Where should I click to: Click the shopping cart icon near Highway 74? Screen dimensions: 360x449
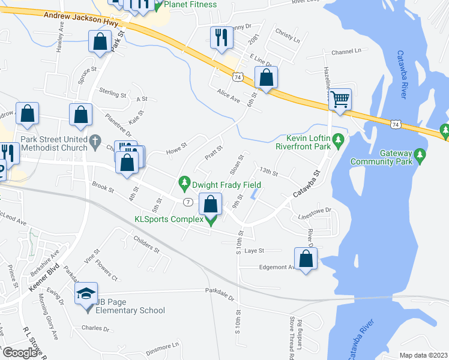pos(340,99)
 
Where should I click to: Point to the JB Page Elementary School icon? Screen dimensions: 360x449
pos(86,295)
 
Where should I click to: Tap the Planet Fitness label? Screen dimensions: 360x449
pos(190,5)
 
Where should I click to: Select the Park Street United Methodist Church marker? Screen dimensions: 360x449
pos(95,142)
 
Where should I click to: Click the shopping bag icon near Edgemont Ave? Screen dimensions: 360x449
pos(306,259)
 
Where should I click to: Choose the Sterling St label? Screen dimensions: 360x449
pos(113,94)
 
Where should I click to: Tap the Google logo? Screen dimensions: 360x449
pos(19,353)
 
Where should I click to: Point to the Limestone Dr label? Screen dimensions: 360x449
pos(315,211)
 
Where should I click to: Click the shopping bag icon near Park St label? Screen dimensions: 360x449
pos(100,43)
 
